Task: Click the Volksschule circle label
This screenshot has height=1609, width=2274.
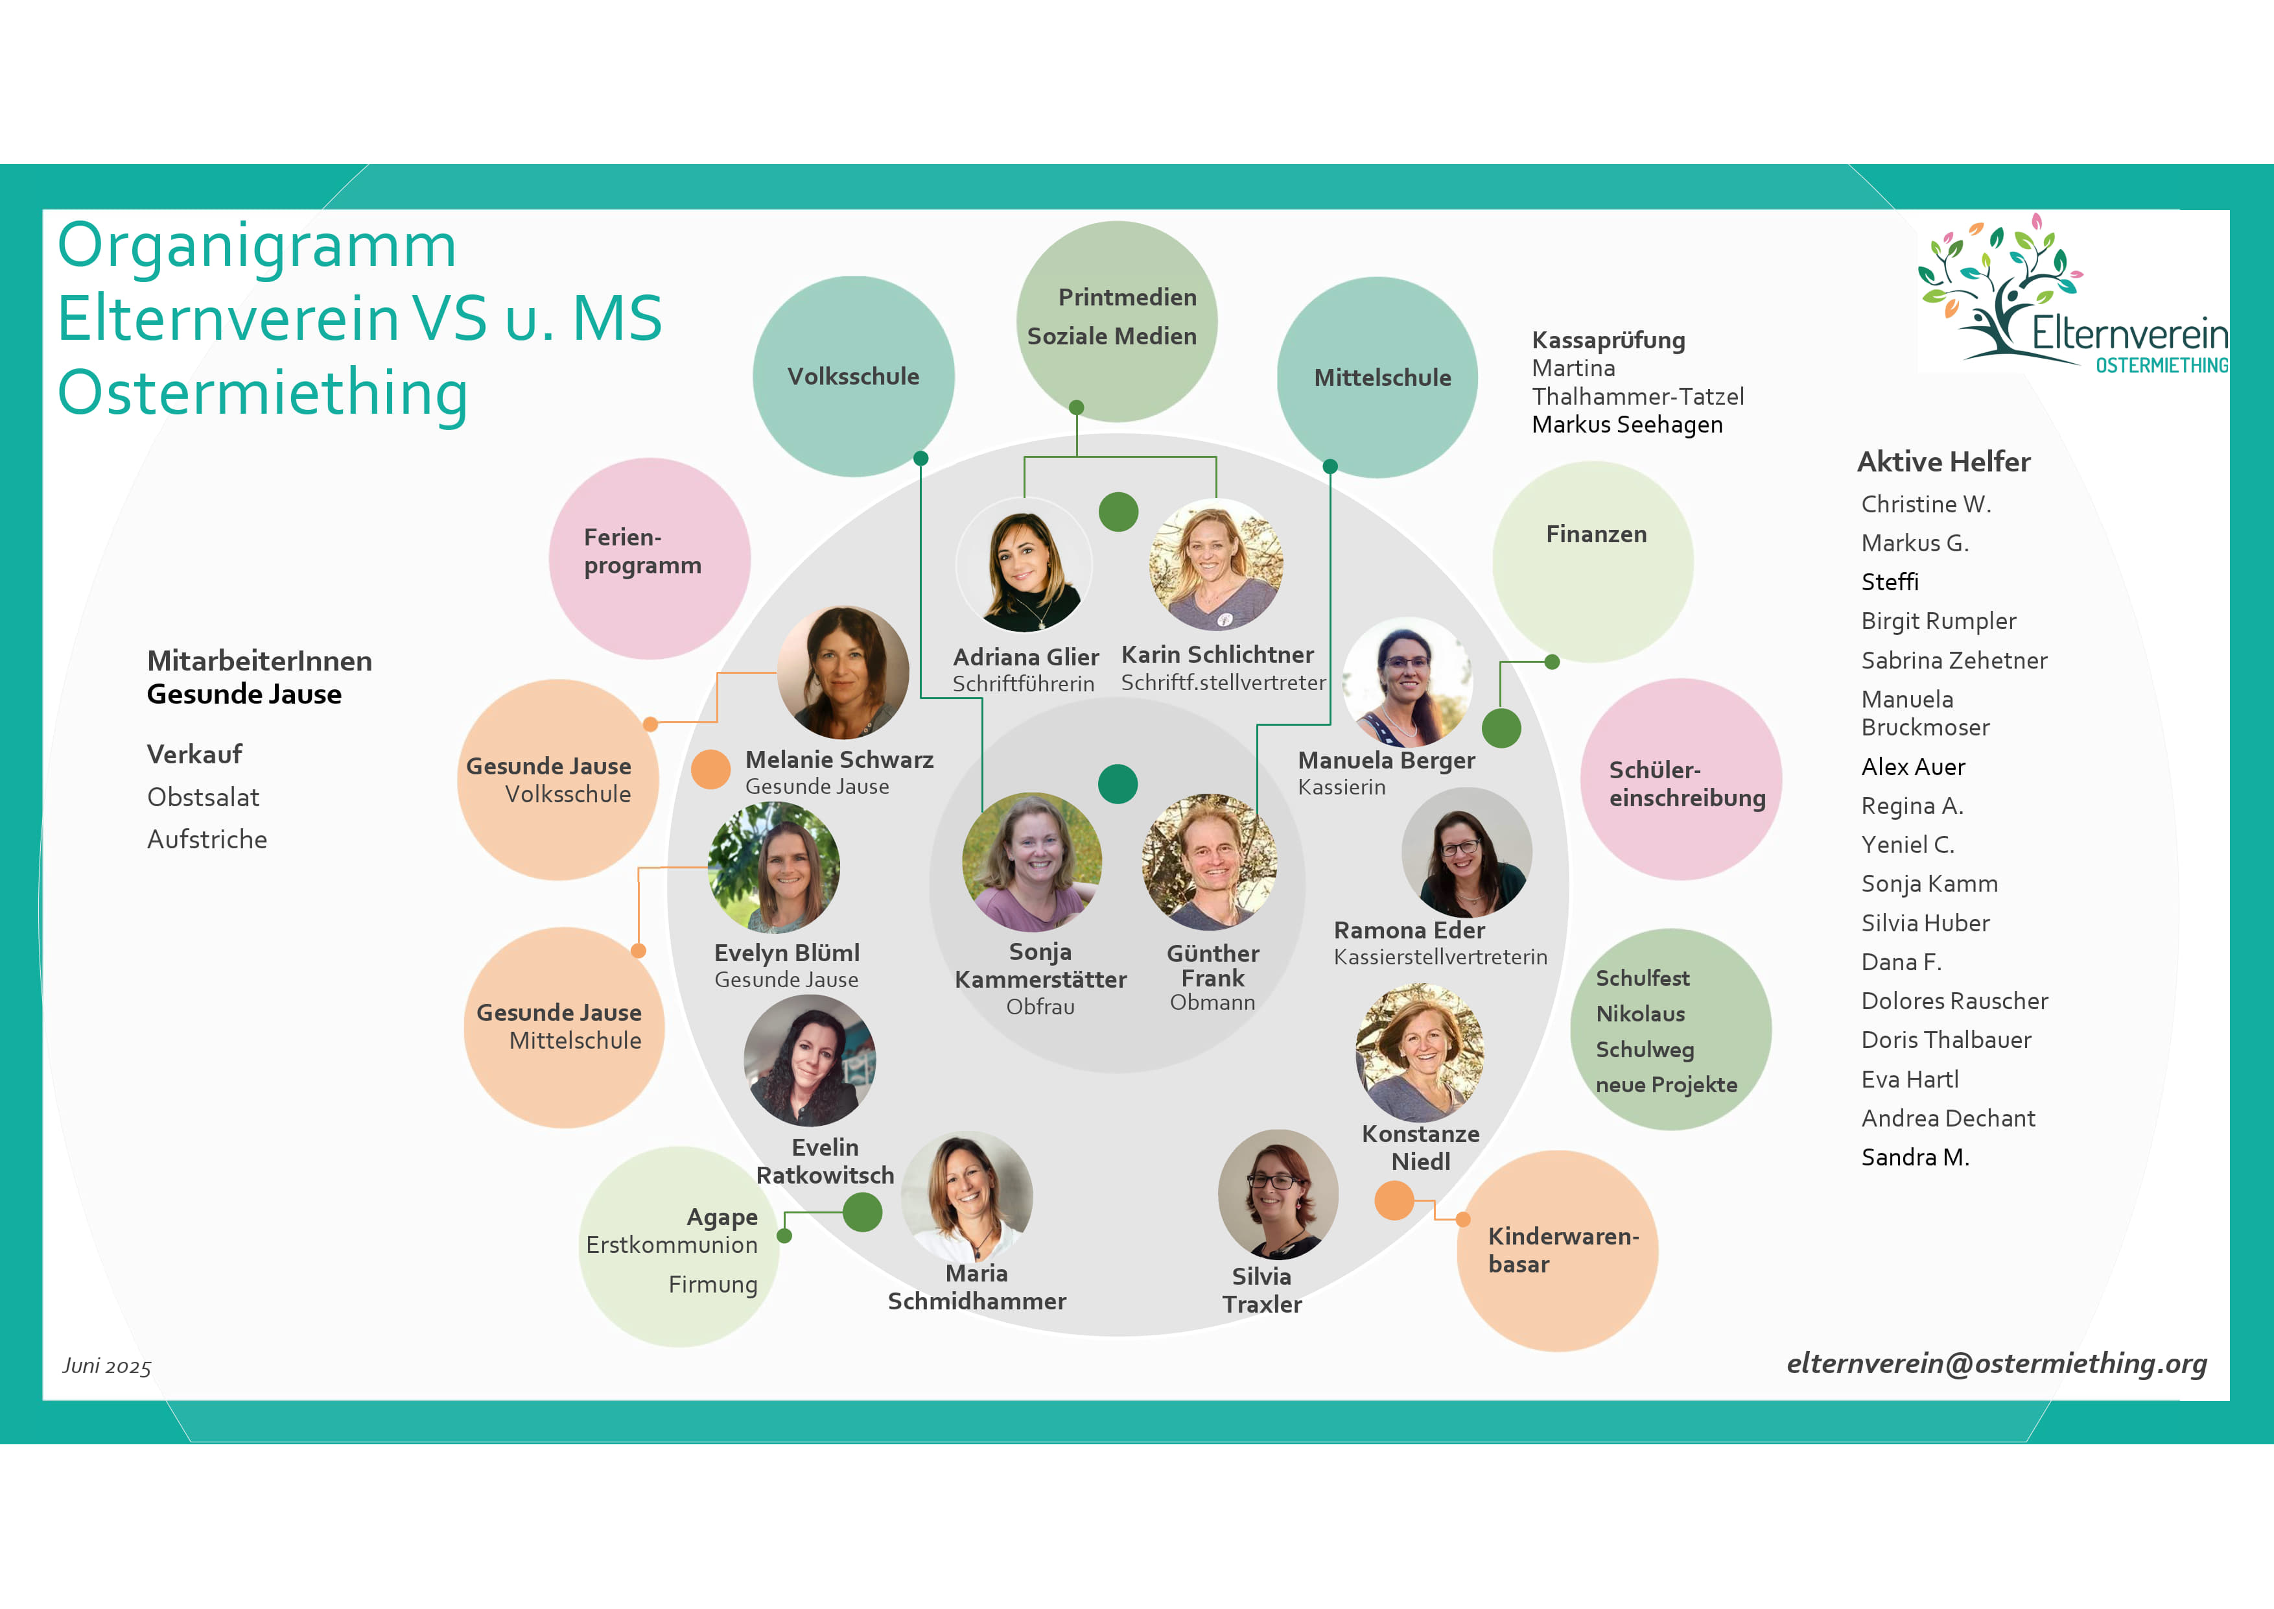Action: pos(853,377)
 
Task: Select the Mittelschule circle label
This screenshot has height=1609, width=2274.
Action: pos(1381,377)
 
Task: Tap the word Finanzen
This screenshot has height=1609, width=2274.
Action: pos(1595,534)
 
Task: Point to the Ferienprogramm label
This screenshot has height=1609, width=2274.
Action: pos(642,551)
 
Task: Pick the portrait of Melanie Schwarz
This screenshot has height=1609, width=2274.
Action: pos(843,672)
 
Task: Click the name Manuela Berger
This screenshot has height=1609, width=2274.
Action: pos(1385,760)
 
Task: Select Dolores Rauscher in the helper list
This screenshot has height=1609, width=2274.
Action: pos(1953,1001)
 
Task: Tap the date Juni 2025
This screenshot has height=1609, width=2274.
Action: pos(107,1366)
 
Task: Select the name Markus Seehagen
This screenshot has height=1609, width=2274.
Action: pos(1626,425)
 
